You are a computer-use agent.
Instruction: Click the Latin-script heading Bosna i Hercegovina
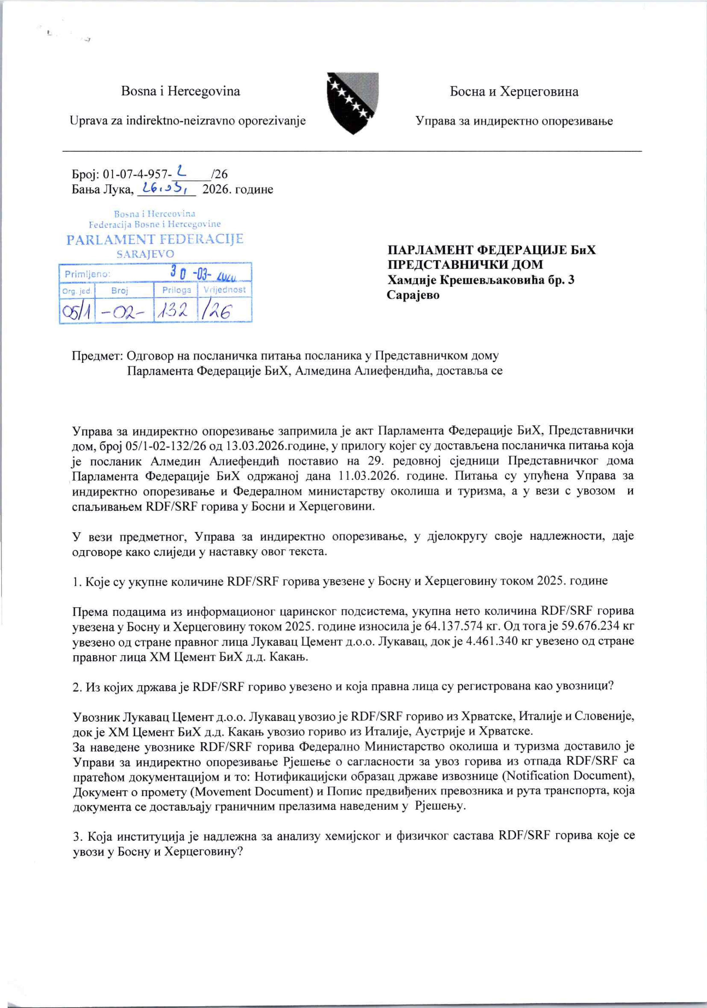[x=180, y=91]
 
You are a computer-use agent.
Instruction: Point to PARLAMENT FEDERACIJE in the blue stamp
[x=155, y=239]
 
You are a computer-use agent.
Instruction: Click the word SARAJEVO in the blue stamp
[x=145, y=254]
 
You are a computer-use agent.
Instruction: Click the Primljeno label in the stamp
[x=87, y=275]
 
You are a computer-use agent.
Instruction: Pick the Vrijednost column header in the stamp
[x=225, y=290]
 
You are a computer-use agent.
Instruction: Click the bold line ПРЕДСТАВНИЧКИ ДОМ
[x=465, y=265]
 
